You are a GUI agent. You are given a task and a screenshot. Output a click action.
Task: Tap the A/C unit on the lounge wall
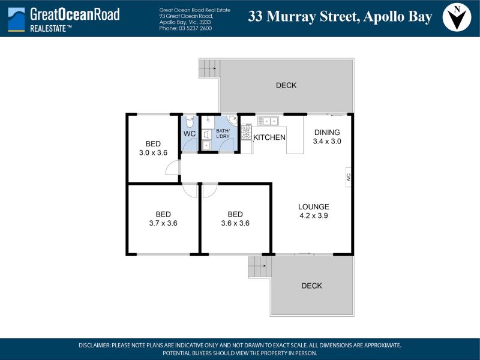click(x=349, y=177)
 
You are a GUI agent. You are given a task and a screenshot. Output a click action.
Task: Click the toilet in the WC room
click(x=190, y=121)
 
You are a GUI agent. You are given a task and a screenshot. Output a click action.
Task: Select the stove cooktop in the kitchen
click(x=246, y=132)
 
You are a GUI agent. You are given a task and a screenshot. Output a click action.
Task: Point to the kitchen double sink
click(x=268, y=121)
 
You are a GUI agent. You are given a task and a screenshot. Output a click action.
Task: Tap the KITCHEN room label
click(x=269, y=137)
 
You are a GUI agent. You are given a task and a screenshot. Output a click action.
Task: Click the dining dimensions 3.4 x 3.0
click(x=327, y=142)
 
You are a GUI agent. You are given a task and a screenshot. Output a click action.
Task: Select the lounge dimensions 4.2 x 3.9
click(x=314, y=216)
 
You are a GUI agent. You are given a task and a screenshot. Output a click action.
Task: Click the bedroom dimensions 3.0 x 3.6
click(x=153, y=153)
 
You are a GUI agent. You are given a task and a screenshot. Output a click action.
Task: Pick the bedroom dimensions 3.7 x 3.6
click(x=163, y=223)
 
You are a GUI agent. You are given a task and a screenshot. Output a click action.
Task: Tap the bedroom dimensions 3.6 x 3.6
click(x=235, y=223)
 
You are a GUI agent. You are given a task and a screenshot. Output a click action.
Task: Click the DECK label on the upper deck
click(x=286, y=85)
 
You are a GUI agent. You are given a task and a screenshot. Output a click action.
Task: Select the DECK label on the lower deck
click(x=311, y=286)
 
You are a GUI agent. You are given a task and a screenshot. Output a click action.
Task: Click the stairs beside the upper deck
click(x=209, y=68)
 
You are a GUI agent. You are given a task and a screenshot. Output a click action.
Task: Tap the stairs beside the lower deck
click(x=260, y=266)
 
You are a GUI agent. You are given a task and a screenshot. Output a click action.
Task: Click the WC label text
click(x=190, y=134)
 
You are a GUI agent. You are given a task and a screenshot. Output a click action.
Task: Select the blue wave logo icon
click(x=16, y=19)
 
